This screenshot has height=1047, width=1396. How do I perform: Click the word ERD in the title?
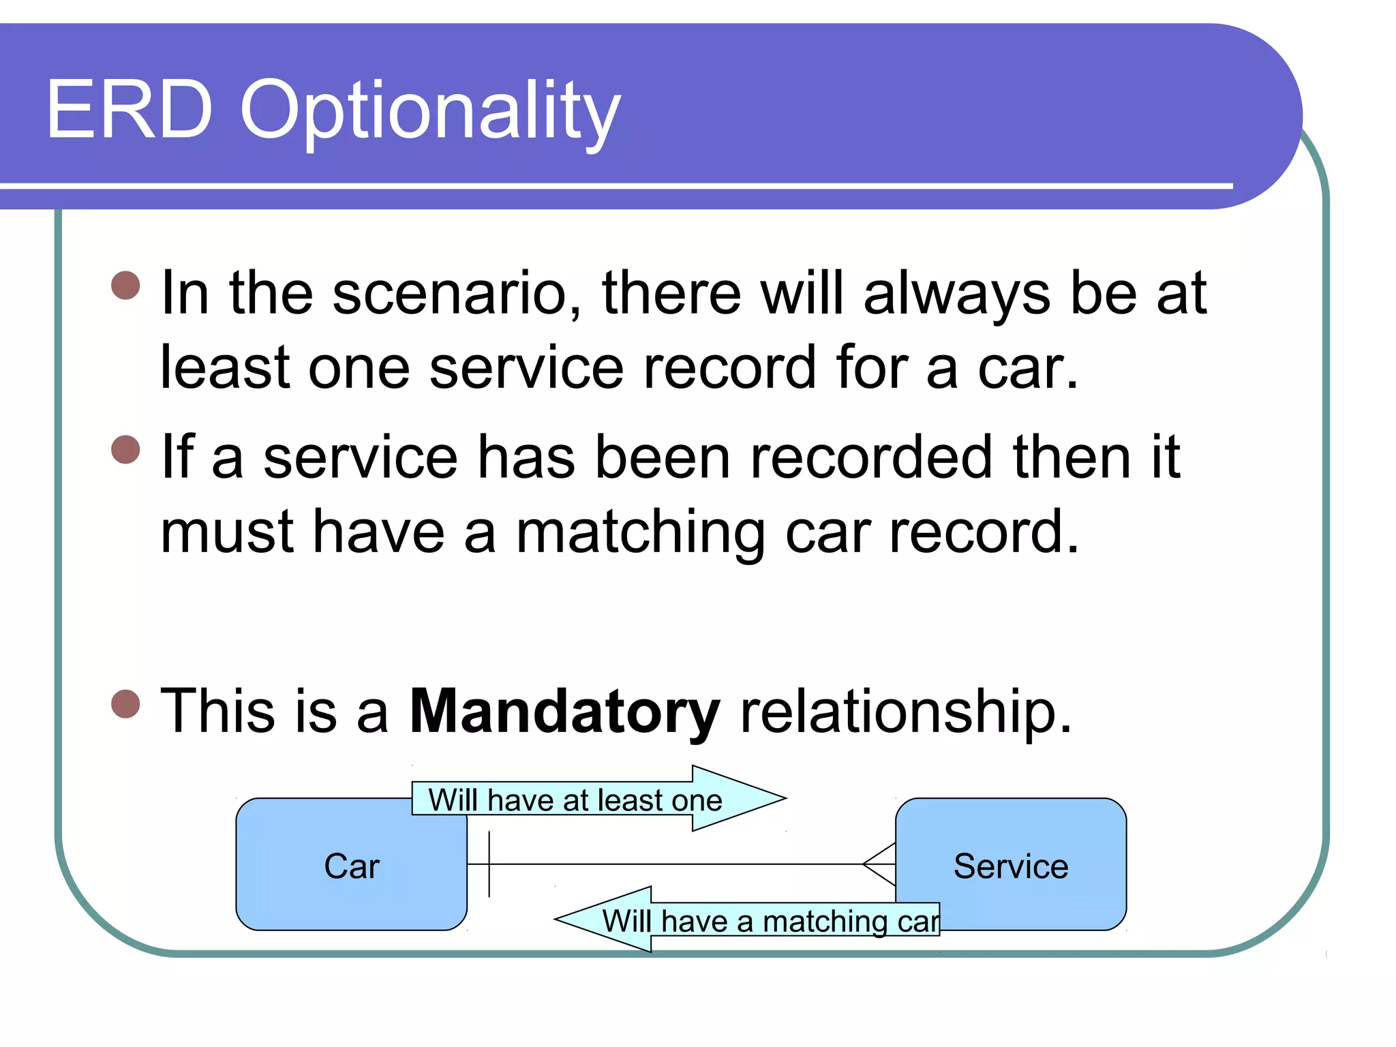[x=130, y=110]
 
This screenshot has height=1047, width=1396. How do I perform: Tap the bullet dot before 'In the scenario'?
[x=125, y=286]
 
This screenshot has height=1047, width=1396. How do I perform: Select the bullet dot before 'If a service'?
[x=125, y=449]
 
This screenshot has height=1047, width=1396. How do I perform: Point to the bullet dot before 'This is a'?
[x=125, y=704]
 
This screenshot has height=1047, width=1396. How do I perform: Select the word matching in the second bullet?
[x=640, y=532]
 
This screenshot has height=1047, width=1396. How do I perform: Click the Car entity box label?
[x=351, y=866]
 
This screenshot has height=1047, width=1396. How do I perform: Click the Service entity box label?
[x=1010, y=866]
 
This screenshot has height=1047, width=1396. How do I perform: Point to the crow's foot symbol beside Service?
[x=880, y=864]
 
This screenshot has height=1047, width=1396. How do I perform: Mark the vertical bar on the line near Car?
[x=489, y=864]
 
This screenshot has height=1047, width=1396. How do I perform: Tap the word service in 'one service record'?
[x=526, y=369]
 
